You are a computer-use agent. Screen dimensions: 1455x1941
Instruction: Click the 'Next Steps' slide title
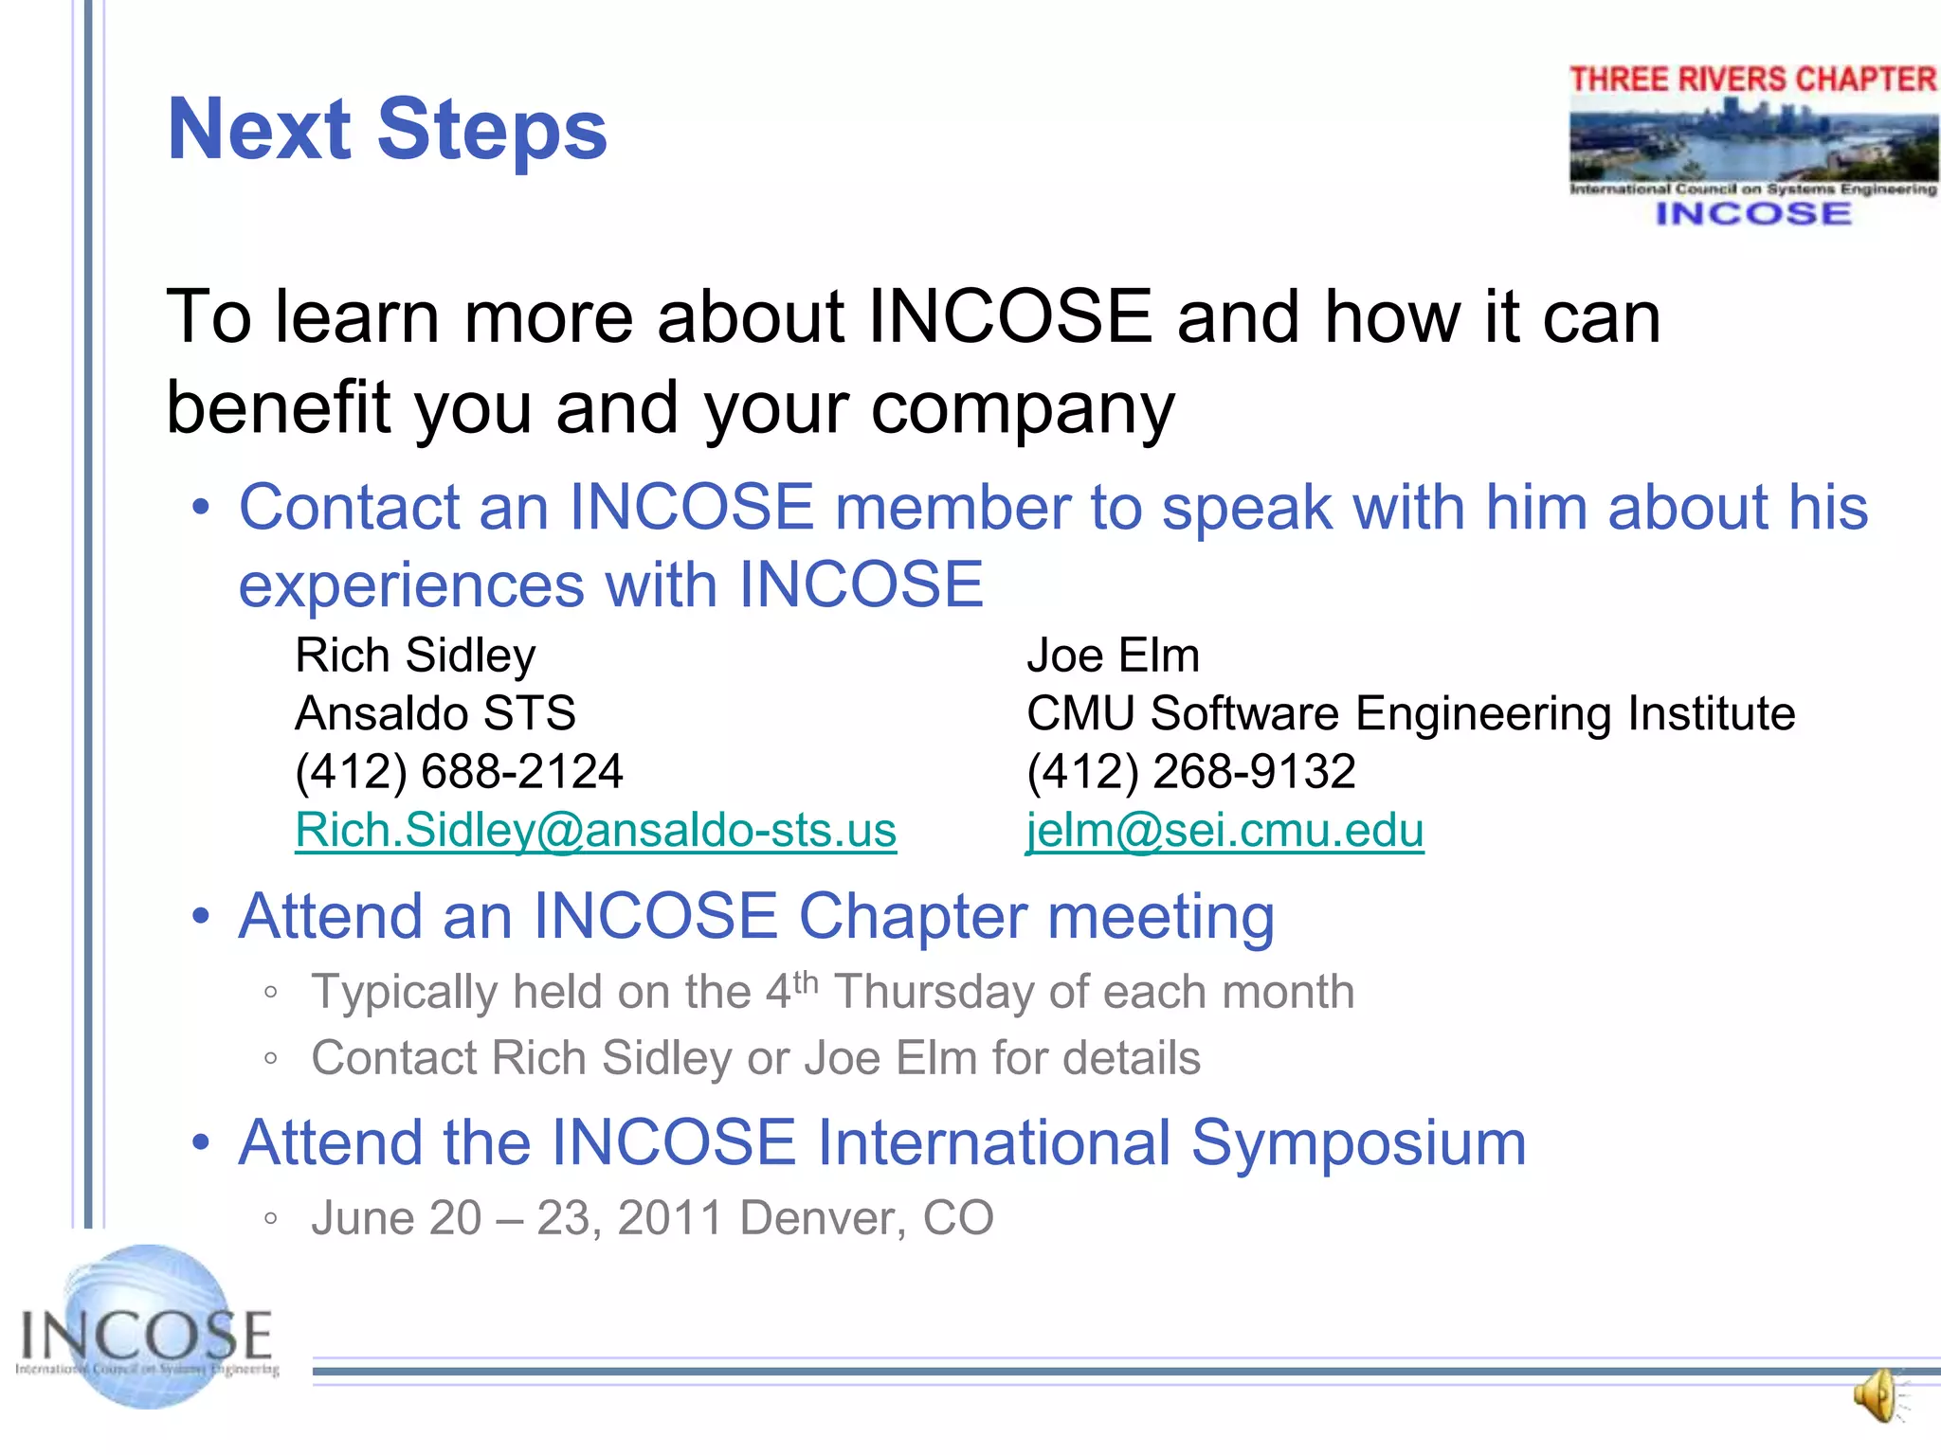click(387, 130)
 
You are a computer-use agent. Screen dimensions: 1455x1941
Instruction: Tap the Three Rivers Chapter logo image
click(1752, 145)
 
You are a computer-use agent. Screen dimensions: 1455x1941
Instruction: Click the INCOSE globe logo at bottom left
click(147, 1327)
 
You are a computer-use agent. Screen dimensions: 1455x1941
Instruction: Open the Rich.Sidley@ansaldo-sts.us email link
click(595, 831)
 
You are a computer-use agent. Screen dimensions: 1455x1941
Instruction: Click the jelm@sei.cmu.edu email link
click(1224, 831)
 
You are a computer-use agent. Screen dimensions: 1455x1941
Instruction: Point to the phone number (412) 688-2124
click(459, 771)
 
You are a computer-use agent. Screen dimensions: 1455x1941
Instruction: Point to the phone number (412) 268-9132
click(1190, 771)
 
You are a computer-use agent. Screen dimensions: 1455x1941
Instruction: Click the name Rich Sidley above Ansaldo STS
click(415, 656)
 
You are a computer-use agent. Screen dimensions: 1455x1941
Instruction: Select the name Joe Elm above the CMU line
click(1113, 656)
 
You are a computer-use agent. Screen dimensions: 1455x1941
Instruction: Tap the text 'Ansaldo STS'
click(435, 713)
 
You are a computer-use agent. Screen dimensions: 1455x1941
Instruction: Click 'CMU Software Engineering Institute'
click(1410, 713)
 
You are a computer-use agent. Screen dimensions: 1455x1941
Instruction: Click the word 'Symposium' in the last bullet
click(1358, 1143)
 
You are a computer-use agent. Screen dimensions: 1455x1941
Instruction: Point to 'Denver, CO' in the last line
click(866, 1218)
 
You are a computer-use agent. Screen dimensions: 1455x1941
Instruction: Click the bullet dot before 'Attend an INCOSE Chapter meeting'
click(200, 918)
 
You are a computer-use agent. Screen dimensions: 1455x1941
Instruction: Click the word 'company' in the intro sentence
click(1023, 409)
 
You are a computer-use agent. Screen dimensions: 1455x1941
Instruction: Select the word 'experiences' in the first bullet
click(411, 584)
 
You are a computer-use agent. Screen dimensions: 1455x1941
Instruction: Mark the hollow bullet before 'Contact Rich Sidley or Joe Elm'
click(271, 1059)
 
